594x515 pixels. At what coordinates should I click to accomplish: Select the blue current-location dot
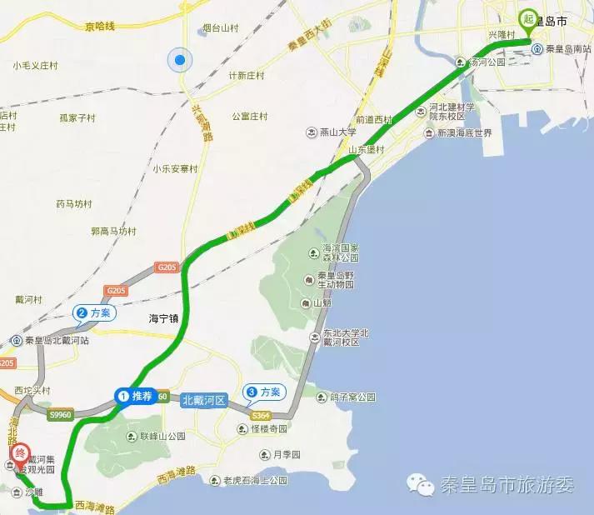[x=179, y=59]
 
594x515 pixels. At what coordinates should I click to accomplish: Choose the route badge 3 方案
[x=263, y=392]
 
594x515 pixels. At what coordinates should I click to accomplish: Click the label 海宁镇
[x=164, y=317]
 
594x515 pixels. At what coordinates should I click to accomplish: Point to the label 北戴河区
[x=204, y=400]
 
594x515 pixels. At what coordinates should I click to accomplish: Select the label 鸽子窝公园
[x=352, y=397]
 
